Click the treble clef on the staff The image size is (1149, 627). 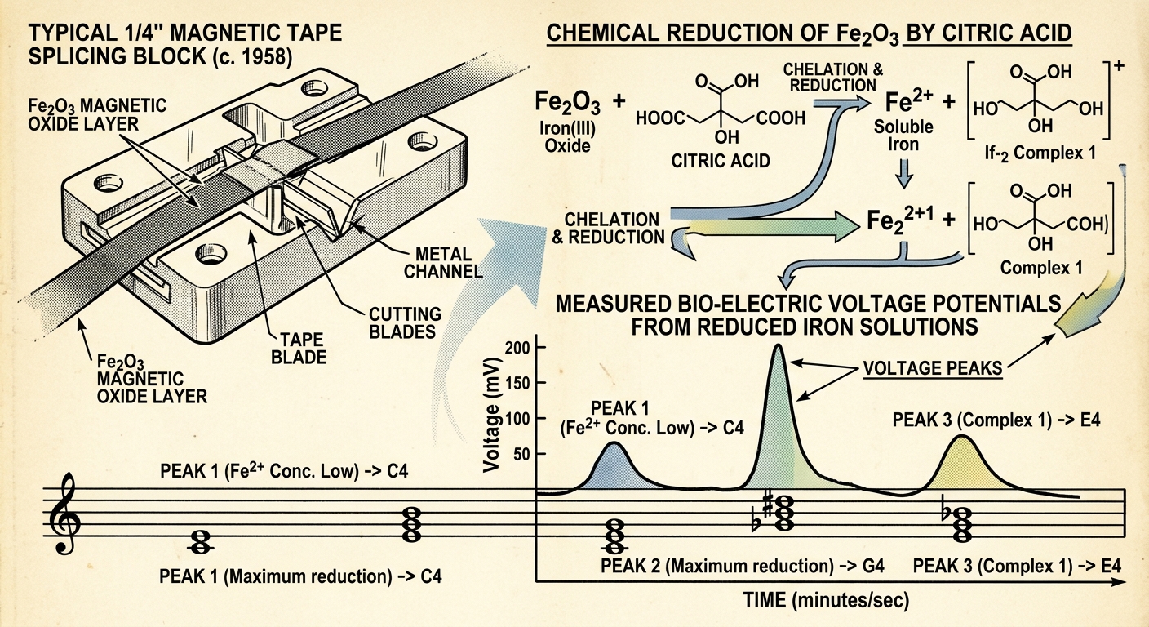[x=65, y=513]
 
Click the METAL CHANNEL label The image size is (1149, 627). [x=443, y=263]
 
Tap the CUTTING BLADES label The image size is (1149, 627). [x=405, y=323]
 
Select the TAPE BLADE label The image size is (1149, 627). [x=299, y=349]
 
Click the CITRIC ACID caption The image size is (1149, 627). [x=721, y=161]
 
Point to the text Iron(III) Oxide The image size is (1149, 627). [x=567, y=136]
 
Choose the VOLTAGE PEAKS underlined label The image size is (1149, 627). [x=933, y=368]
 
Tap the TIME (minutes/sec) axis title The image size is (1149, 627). [x=826, y=600]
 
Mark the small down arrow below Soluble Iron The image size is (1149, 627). [x=904, y=173]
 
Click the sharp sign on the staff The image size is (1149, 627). [x=768, y=504]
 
